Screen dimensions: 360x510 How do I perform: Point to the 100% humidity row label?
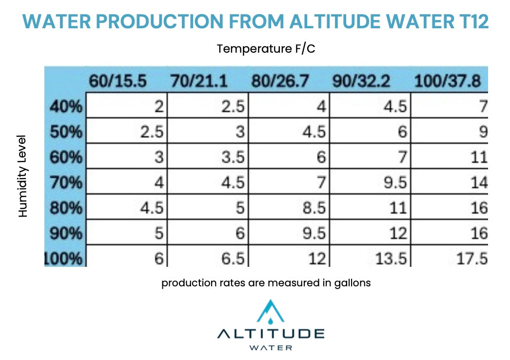63,258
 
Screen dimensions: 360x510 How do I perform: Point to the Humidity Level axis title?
23,176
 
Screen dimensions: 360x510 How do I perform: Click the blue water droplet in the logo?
270,320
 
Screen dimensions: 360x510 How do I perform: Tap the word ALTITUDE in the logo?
271,334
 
